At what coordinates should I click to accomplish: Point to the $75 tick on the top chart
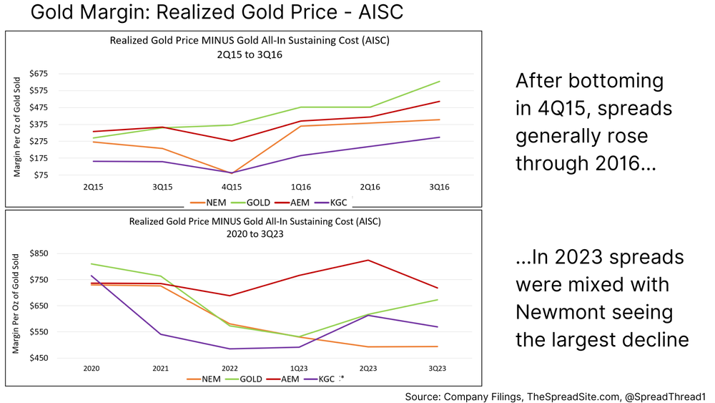(x=39, y=175)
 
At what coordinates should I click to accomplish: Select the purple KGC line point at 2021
(x=161, y=334)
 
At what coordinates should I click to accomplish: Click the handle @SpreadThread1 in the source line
(x=664, y=395)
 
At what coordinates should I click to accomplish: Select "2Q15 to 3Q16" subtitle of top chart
(x=250, y=54)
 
